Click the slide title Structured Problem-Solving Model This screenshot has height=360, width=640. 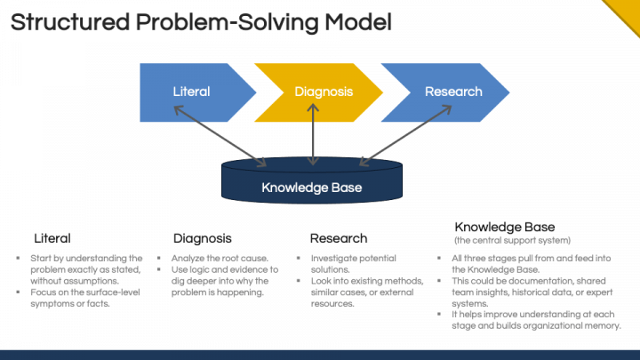201,22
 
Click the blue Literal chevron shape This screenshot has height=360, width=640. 191,92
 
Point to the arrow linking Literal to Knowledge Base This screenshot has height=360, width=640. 220,136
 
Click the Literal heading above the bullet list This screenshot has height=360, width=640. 52,238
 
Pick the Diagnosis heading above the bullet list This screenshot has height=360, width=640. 202,238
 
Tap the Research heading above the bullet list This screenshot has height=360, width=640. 338,238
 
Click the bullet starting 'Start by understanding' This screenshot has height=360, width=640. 80,268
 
